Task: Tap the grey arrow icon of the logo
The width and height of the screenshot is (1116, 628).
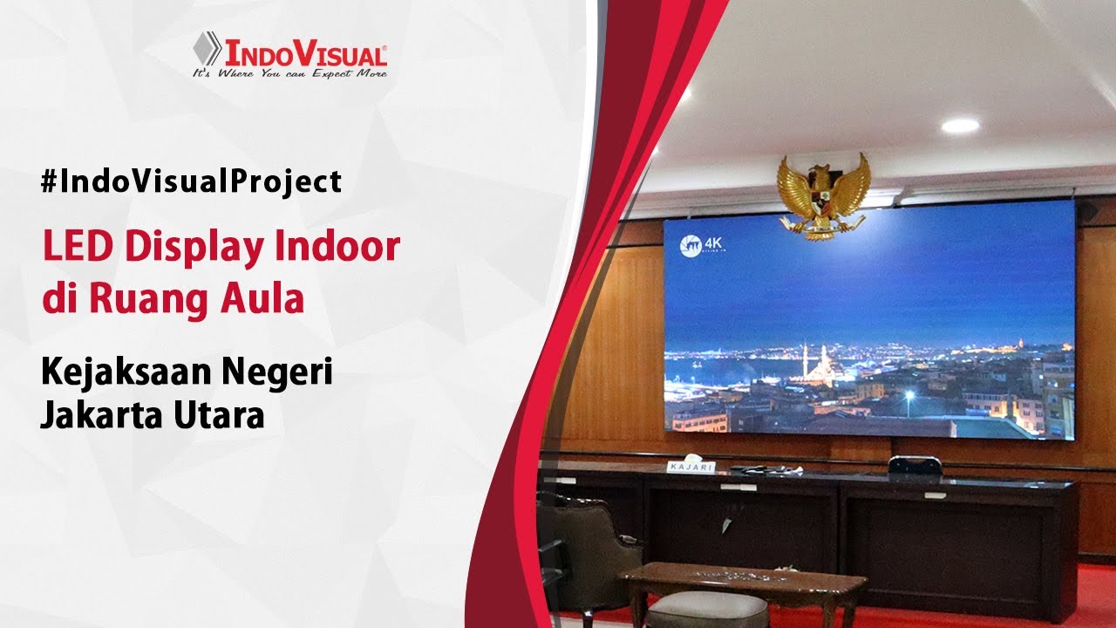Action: [207, 49]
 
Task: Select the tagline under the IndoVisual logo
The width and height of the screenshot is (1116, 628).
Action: [289, 74]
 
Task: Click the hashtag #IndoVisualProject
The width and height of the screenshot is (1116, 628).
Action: [191, 181]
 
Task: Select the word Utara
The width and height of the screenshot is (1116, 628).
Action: [221, 414]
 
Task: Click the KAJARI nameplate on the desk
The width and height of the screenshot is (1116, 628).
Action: [691, 468]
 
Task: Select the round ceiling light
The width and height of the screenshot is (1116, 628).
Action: [960, 126]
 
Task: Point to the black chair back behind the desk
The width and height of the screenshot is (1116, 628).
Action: [914, 466]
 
